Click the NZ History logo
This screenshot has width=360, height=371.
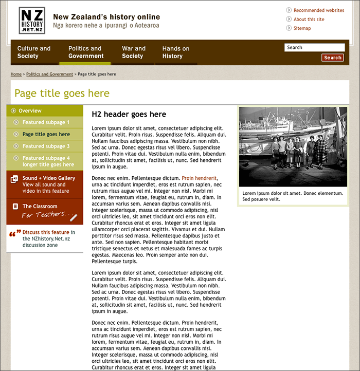tap(32, 21)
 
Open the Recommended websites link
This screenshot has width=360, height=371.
tap(318, 10)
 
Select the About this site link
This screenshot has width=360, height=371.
tap(309, 20)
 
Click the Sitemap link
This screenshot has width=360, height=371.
tap(302, 28)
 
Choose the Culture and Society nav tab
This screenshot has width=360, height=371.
tap(34, 52)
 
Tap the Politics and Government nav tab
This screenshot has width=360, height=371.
tap(85, 52)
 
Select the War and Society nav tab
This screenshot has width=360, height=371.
tap(134, 52)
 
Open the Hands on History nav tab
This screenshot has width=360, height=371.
tap(176, 52)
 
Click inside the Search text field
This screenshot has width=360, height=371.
tap(314, 47)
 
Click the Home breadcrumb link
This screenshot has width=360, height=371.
tap(16, 74)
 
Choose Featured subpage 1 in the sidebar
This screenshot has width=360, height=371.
tap(46, 122)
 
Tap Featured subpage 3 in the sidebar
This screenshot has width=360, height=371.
tap(46, 146)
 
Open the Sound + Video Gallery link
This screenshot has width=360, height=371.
tap(49, 178)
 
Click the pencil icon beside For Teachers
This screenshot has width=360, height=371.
tap(73, 217)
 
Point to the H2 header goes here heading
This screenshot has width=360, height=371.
tap(129, 115)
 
